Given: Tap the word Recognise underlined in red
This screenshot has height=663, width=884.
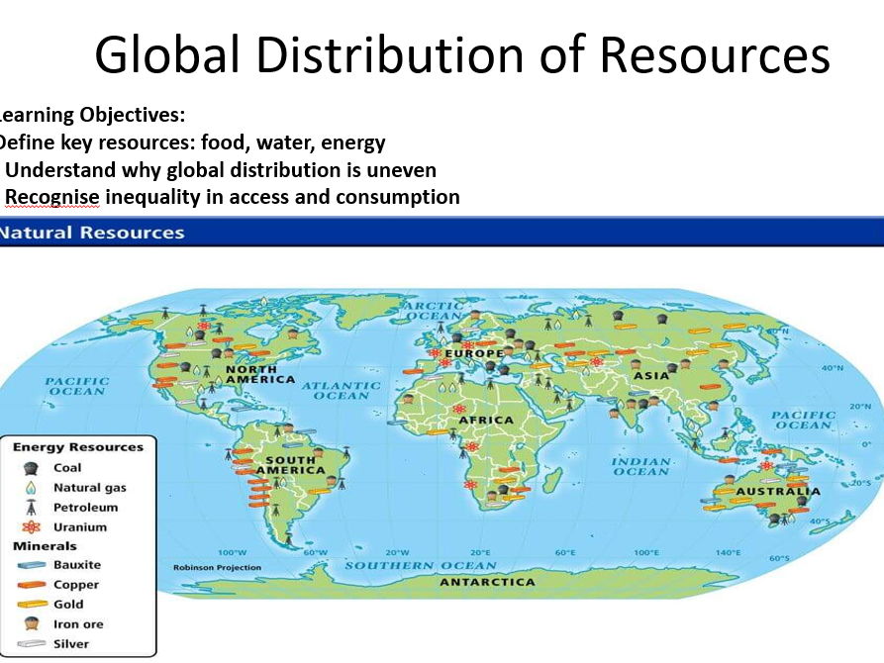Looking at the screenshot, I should click(52, 197).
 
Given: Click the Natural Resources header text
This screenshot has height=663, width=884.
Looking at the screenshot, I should click(92, 234).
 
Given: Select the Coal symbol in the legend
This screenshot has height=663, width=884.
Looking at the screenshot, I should click(33, 468).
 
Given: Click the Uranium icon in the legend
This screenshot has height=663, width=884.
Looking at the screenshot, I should click(33, 526).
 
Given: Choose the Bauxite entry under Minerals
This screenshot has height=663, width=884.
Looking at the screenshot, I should click(77, 565).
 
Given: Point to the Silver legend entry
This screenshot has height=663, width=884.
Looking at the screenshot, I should click(70, 643).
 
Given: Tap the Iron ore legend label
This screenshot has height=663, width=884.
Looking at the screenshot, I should click(78, 623).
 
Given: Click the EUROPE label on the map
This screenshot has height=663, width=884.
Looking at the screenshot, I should click(473, 353).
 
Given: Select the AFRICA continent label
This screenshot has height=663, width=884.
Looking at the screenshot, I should click(485, 420).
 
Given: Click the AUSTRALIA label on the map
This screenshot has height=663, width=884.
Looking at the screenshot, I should click(777, 491).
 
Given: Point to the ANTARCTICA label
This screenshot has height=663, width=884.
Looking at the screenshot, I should click(486, 582).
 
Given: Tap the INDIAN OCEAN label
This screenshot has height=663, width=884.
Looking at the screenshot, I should click(640, 467).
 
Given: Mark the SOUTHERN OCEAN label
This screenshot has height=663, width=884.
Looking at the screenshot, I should click(421, 566).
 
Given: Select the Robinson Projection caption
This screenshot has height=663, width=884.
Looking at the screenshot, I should click(217, 567).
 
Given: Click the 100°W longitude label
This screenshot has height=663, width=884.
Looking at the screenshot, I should click(232, 552).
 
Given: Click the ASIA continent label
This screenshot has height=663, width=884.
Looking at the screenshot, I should click(651, 375).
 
